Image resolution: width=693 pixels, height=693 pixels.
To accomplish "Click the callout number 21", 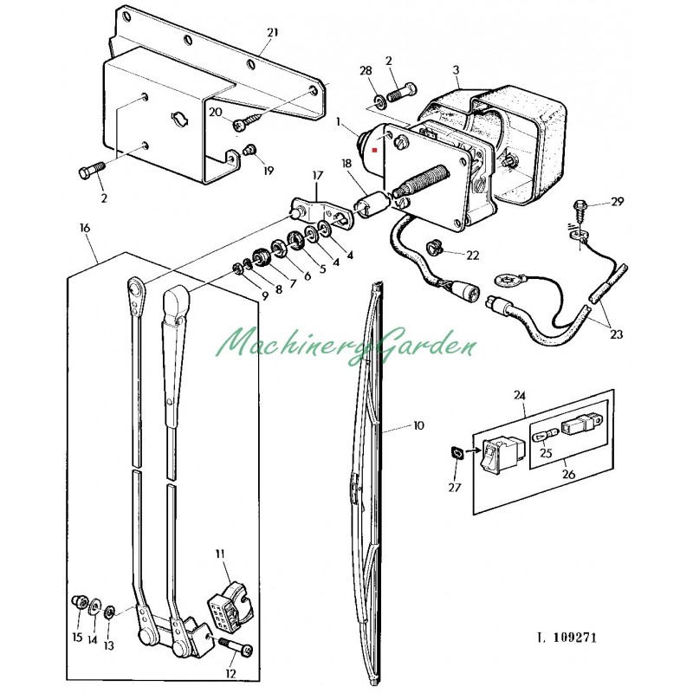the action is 273,33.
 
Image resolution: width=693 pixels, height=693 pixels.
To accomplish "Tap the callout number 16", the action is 85,228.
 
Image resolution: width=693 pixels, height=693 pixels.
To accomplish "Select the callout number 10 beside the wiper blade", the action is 418,425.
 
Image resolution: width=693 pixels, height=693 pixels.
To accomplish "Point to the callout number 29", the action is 617,202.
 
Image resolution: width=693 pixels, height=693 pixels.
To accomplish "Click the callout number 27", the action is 454,487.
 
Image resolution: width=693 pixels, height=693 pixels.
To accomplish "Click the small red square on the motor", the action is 375,150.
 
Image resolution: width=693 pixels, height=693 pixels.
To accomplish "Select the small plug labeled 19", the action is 250,150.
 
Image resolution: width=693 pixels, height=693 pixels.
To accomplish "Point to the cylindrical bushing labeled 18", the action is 372,204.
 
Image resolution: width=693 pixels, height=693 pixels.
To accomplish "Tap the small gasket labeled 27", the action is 457,453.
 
